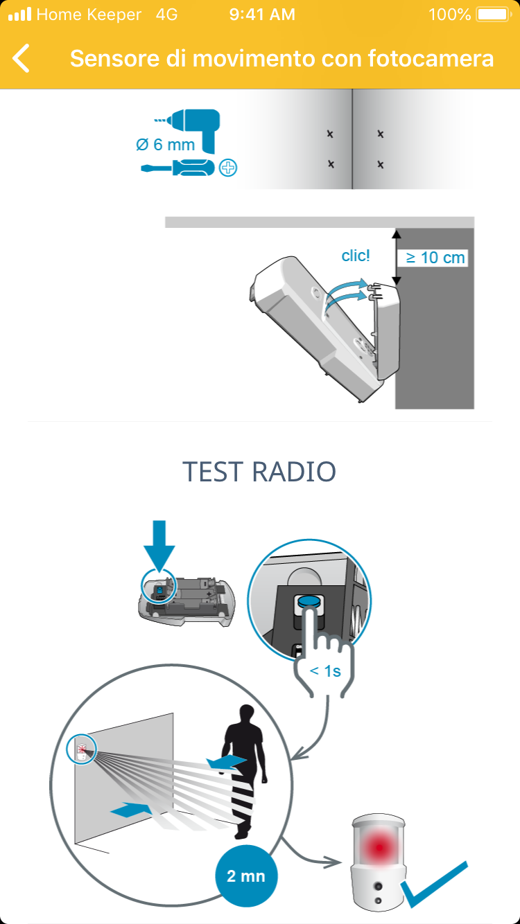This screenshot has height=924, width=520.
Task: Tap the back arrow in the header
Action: point(21,58)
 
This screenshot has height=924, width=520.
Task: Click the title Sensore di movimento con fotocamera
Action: point(281,58)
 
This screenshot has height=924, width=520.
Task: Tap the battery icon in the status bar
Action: point(494,15)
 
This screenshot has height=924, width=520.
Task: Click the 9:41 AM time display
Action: point(262,15)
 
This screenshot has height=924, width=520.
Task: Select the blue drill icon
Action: point(193,129)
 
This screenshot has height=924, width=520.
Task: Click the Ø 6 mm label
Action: point(165,144)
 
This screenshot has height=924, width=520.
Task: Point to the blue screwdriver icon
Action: point(177,168)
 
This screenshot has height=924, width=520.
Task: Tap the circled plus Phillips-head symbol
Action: point(227,168)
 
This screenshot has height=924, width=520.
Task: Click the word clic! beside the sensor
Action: point(356,256)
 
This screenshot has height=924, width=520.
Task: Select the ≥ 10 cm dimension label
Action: point(435,258)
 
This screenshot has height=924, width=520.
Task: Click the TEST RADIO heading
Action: point(259,472)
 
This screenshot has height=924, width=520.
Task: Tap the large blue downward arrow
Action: point(159,545)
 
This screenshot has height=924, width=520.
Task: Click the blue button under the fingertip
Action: point(310,601)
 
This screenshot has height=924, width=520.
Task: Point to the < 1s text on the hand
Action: point(325,671)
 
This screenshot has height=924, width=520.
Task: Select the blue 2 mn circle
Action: point(246,876)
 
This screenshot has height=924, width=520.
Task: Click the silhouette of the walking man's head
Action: point(247,714)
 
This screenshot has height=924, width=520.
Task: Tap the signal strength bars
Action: point(19,15)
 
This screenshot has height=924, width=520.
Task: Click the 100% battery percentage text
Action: point(449,15)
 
